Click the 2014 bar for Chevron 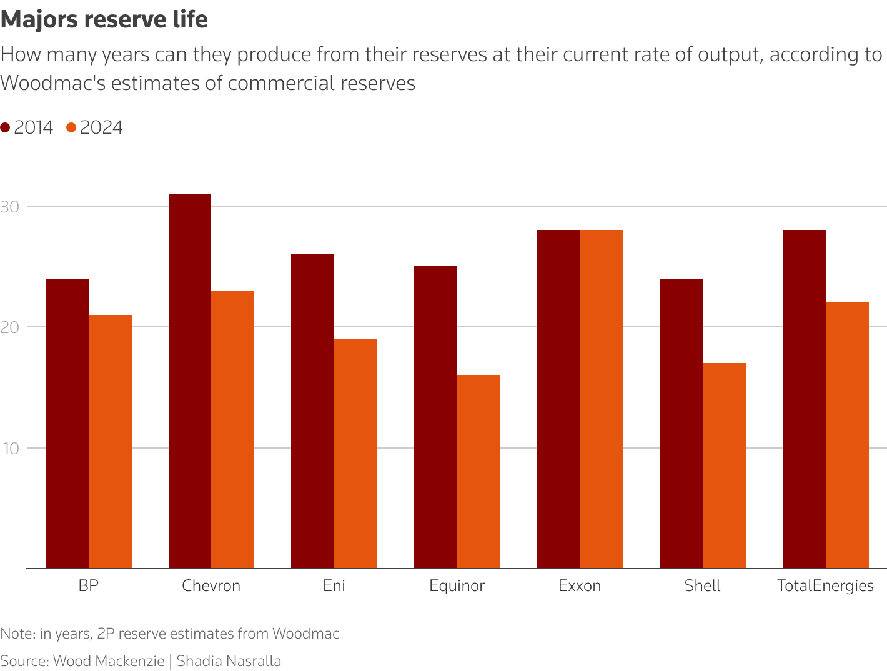pyautogui.click(x=190, y=381)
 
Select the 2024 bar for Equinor pyautogui.click(x=478, y=472)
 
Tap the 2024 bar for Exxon pyautogui.click(x=601, y=399)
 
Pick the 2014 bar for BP pyautogui.click(x=67, y=424)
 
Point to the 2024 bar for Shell pyautogui.click(x=724, y=465)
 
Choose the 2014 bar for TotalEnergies pyautogui.click(x=804, y=399)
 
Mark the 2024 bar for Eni pyautogui.click(x=355, y=454)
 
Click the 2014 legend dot pyautogui.click(x=6, y=127)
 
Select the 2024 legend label pyautogui.click(x=101, y=127)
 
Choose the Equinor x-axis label pyautogui.click(x=457, y=586)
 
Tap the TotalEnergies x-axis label pyautogui.click(x=825, y=586)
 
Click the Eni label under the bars pyautogui.click(x=334, y=586)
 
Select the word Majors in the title pyautogui.click(x=39, y=20)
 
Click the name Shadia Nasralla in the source pyautogui.click(x=229, y=661)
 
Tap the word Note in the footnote pyautogui.click(x=17, y=634)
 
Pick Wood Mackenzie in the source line pyautogui.click(x=109, y=661)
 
